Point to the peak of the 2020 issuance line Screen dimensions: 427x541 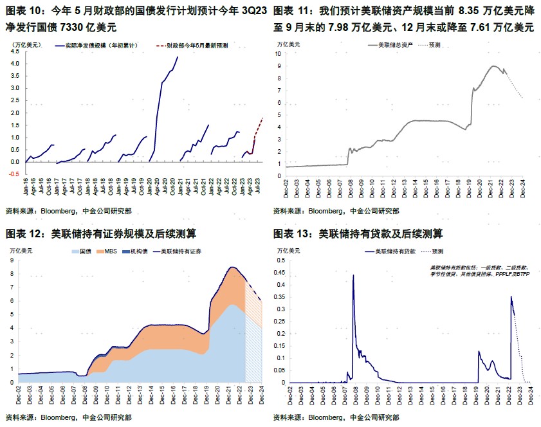click(178, 57)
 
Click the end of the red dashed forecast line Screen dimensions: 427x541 click(262, 118)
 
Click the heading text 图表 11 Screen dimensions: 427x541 click(289, 11)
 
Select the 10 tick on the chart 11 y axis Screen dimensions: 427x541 click(279, 54)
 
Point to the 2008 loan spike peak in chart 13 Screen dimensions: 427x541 click(353, 275)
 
